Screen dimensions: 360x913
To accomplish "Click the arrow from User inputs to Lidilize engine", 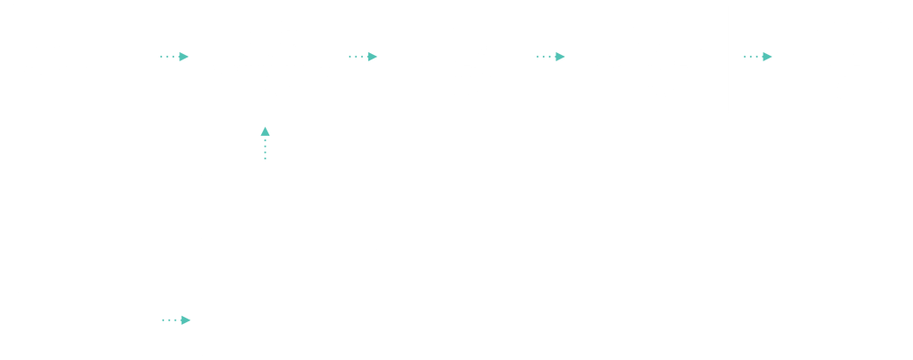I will tap(174, 57).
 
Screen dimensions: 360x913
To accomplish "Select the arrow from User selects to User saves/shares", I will tap(550, 57).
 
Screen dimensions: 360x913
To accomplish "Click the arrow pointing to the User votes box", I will tap(758, 57).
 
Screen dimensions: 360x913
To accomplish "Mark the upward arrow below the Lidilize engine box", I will tap(264, 144).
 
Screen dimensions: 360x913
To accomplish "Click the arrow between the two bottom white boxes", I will tap(176, 320).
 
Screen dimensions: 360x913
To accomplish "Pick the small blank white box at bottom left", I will tap(85, 323).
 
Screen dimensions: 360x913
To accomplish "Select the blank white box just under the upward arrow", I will tap(288, 207).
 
